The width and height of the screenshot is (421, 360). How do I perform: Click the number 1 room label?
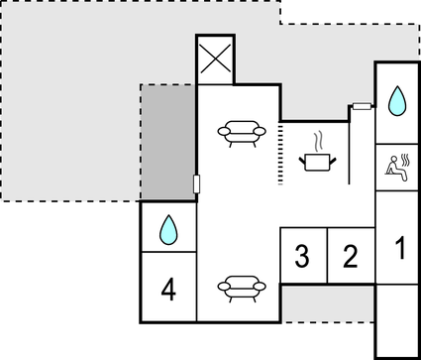click(399, 247)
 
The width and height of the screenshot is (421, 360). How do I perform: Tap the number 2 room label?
click(349, 257)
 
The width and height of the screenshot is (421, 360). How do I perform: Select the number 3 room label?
click(303, 257)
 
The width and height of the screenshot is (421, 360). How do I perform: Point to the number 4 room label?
click(168, 290)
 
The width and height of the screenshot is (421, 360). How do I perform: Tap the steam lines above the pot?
click(319, 138)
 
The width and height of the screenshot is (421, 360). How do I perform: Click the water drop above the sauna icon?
click(397, 99)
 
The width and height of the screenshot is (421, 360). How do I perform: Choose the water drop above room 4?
click(168, 230)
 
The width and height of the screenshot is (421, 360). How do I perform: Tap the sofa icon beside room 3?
click(242, 287)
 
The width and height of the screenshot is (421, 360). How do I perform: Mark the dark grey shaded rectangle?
click(167, 143)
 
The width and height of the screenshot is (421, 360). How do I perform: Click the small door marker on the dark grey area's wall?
click(196, 183)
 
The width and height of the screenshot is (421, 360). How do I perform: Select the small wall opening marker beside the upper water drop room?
click(362, 105)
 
